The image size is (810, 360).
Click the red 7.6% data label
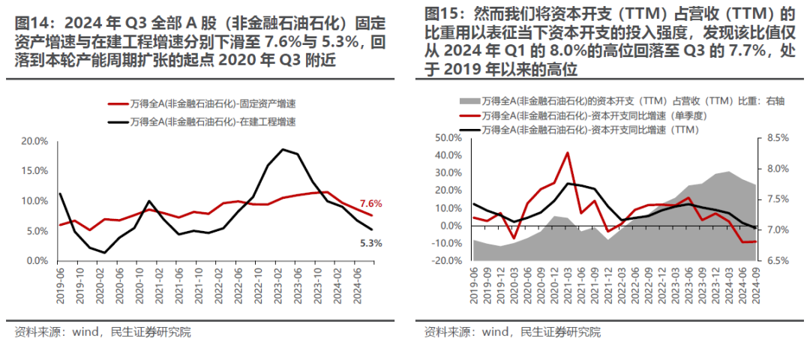(x=370, y=203)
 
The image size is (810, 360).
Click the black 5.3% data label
(x=370, y=243)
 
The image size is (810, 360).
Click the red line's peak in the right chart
(x=567, y=153)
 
